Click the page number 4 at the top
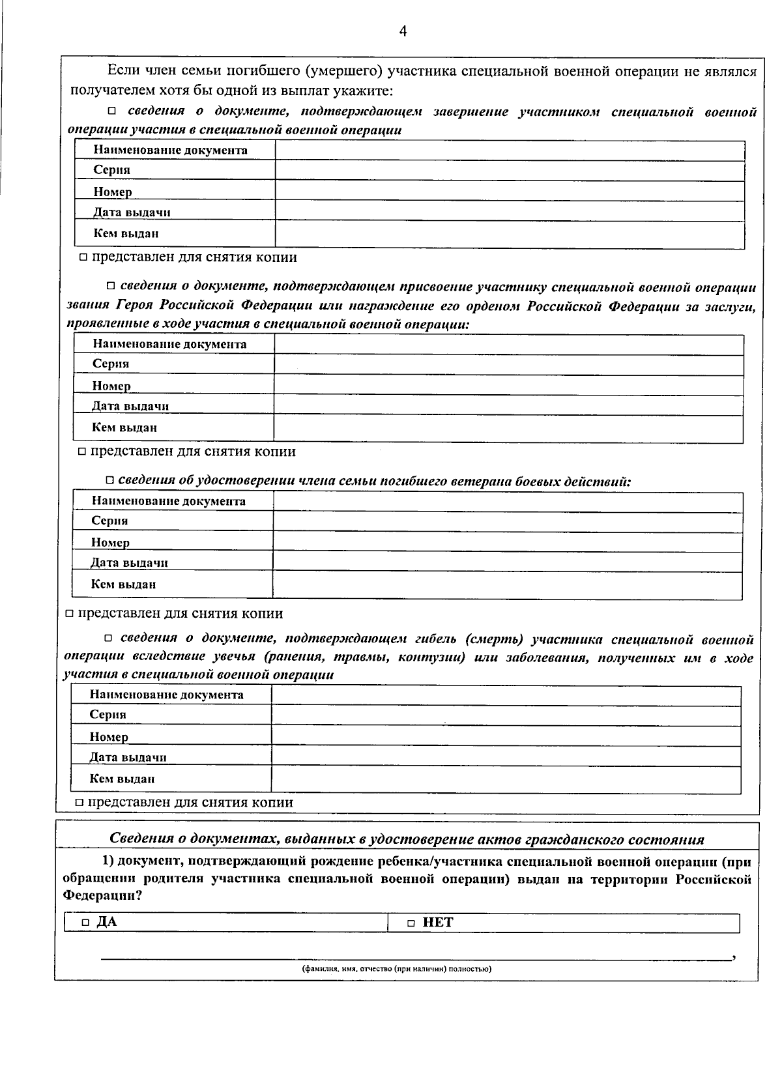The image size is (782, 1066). click(x=403, y=31)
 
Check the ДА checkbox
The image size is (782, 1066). click(x=85, y=923)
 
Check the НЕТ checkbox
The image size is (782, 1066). click(x=411, y=923)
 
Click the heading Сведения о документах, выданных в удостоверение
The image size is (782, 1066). click(x=407, y=839)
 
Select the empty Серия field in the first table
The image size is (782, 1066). click(x=510, y=171)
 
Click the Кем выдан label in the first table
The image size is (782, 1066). click(x=126, y=233)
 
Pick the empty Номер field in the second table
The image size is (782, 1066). click(x=508, y=386)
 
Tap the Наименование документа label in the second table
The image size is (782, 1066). click(x=169, y=344)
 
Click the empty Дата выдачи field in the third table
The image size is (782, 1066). click(x=507, y=562)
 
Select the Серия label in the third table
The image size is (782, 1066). click(x=109, y=521)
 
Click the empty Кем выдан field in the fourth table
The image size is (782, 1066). click(x=506, y=779)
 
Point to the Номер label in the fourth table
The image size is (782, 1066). click(x=109, y=737)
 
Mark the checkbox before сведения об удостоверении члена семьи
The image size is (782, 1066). click(x=110, y=481)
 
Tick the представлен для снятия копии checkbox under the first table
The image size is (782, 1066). click(x=83, y=258)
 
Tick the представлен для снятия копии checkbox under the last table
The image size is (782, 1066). click(x=80, y=803)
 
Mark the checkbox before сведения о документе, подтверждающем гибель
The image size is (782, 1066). click(x=109, y=639)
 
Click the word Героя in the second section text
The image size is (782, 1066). click(x=136, y=306)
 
